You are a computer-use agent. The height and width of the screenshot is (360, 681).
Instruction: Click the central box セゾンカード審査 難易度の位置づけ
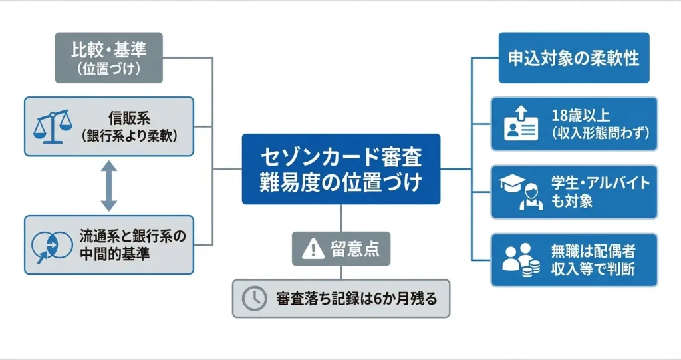[x=341, y=169]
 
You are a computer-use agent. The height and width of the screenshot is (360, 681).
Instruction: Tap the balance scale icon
[x=53, y=126]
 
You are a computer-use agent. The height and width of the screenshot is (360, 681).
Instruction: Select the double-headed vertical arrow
[x=108, y=186]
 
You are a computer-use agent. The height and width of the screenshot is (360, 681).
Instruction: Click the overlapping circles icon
[x=52, y=246]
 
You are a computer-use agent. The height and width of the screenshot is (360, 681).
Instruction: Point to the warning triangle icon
[x=313, y=249]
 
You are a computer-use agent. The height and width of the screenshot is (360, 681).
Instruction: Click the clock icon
[x=254, y=299]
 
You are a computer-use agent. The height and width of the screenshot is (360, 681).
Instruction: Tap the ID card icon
[x=521, y=124]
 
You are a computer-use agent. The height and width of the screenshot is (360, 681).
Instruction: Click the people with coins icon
[x=521, y=260]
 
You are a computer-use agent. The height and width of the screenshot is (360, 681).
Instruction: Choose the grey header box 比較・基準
[x=108, y=57]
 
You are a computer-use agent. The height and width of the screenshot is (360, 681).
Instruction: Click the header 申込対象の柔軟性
[x=574, y=57]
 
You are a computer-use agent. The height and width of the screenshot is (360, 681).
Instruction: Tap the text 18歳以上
[x=581, y=116]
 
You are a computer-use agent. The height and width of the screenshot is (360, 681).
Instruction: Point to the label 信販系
[x=130, y=118]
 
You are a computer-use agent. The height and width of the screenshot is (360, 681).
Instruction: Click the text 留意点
[x=355, y=249]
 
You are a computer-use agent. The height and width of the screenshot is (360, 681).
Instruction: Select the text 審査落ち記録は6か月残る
[x=356, y=299]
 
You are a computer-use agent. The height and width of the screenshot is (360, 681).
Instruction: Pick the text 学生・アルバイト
[x=601, y=183]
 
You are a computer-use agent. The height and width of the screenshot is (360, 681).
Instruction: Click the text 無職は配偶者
[x=593, y=251]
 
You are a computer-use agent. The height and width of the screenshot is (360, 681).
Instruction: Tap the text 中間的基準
[x=114, y=254]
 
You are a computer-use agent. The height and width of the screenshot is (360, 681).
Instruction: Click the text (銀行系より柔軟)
[x=130, y=136]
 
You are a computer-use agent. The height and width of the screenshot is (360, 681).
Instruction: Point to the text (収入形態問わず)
[x=601, y=133]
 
